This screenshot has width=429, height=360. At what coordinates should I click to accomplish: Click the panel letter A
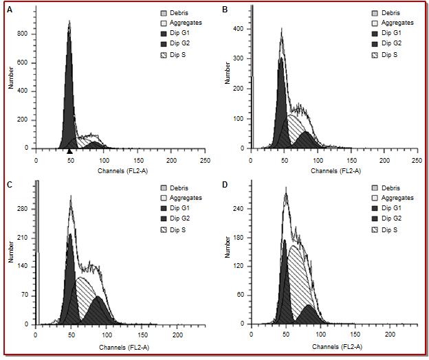tap(9, 10)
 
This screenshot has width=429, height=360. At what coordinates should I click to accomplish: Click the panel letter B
tap(225, 10)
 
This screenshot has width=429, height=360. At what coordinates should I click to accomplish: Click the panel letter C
tap(9, 184)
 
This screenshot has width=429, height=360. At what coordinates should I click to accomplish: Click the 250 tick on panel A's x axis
tap(204, 159)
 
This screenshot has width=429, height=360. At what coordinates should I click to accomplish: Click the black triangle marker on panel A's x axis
tap(69, 151)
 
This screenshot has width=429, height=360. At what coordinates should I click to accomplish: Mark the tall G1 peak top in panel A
tap(69, 21)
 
